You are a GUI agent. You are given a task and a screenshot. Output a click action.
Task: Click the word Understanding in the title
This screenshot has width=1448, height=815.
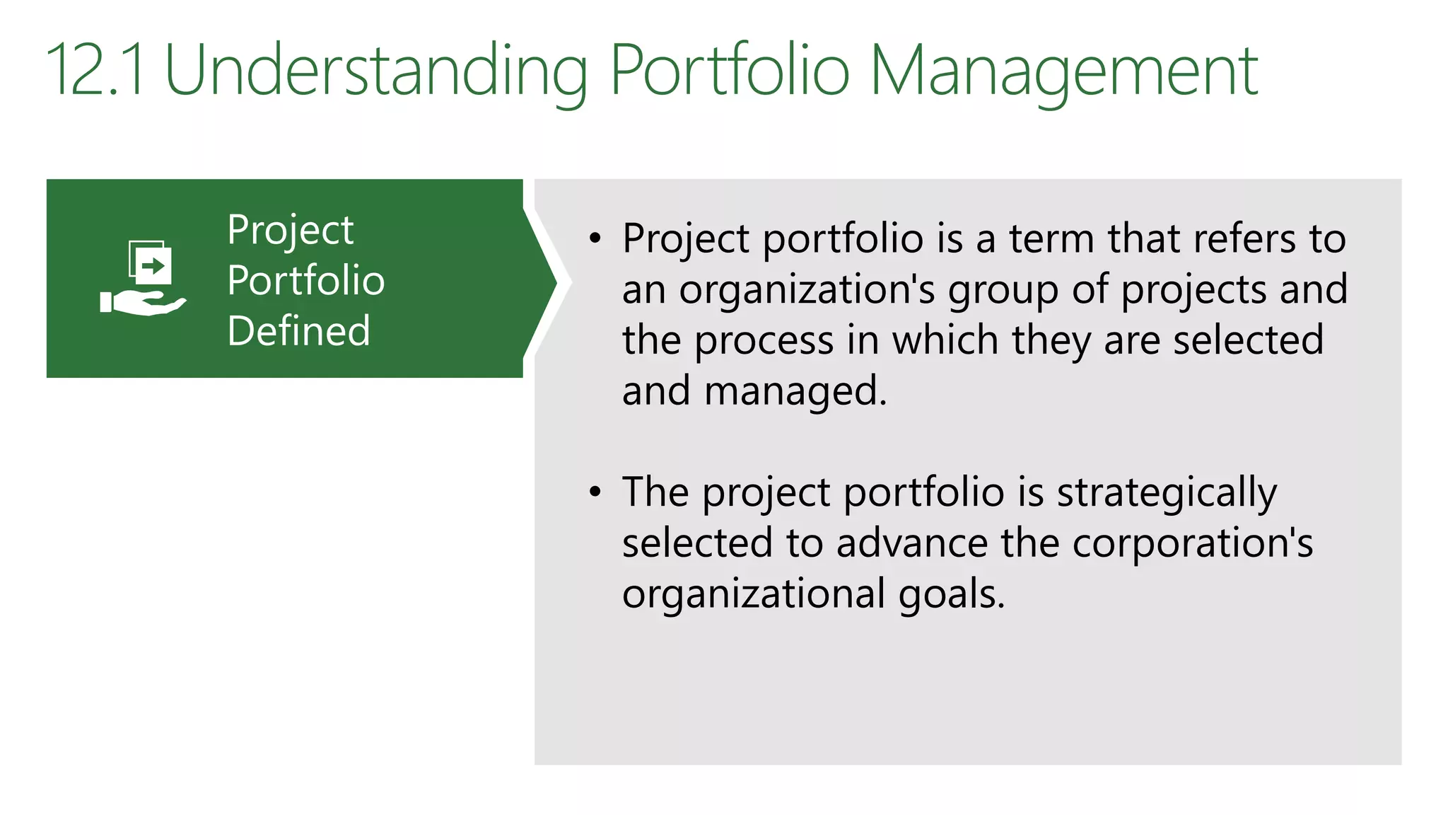(375, 71)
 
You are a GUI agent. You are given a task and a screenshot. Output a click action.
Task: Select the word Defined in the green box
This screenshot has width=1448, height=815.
(298, 330)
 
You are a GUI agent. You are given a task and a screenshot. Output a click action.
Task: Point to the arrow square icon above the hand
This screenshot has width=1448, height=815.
(151, 263)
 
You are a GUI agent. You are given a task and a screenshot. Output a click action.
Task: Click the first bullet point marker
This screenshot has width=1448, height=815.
(595, 238)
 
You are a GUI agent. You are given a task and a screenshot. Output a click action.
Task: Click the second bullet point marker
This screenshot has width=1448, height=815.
(595, 492)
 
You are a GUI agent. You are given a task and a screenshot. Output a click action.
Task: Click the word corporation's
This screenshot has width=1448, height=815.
(1192, 543)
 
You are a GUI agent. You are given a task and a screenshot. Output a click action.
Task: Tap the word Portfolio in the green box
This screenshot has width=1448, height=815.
(305, 280)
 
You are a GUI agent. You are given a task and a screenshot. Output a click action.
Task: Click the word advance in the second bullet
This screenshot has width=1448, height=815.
(912, 543)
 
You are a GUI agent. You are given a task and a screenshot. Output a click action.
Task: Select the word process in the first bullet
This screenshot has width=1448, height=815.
(764, 340)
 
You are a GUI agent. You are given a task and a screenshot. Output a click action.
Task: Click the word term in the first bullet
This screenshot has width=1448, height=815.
(1051, 238)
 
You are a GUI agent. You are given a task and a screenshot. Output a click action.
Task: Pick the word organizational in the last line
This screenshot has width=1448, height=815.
(754, 594)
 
